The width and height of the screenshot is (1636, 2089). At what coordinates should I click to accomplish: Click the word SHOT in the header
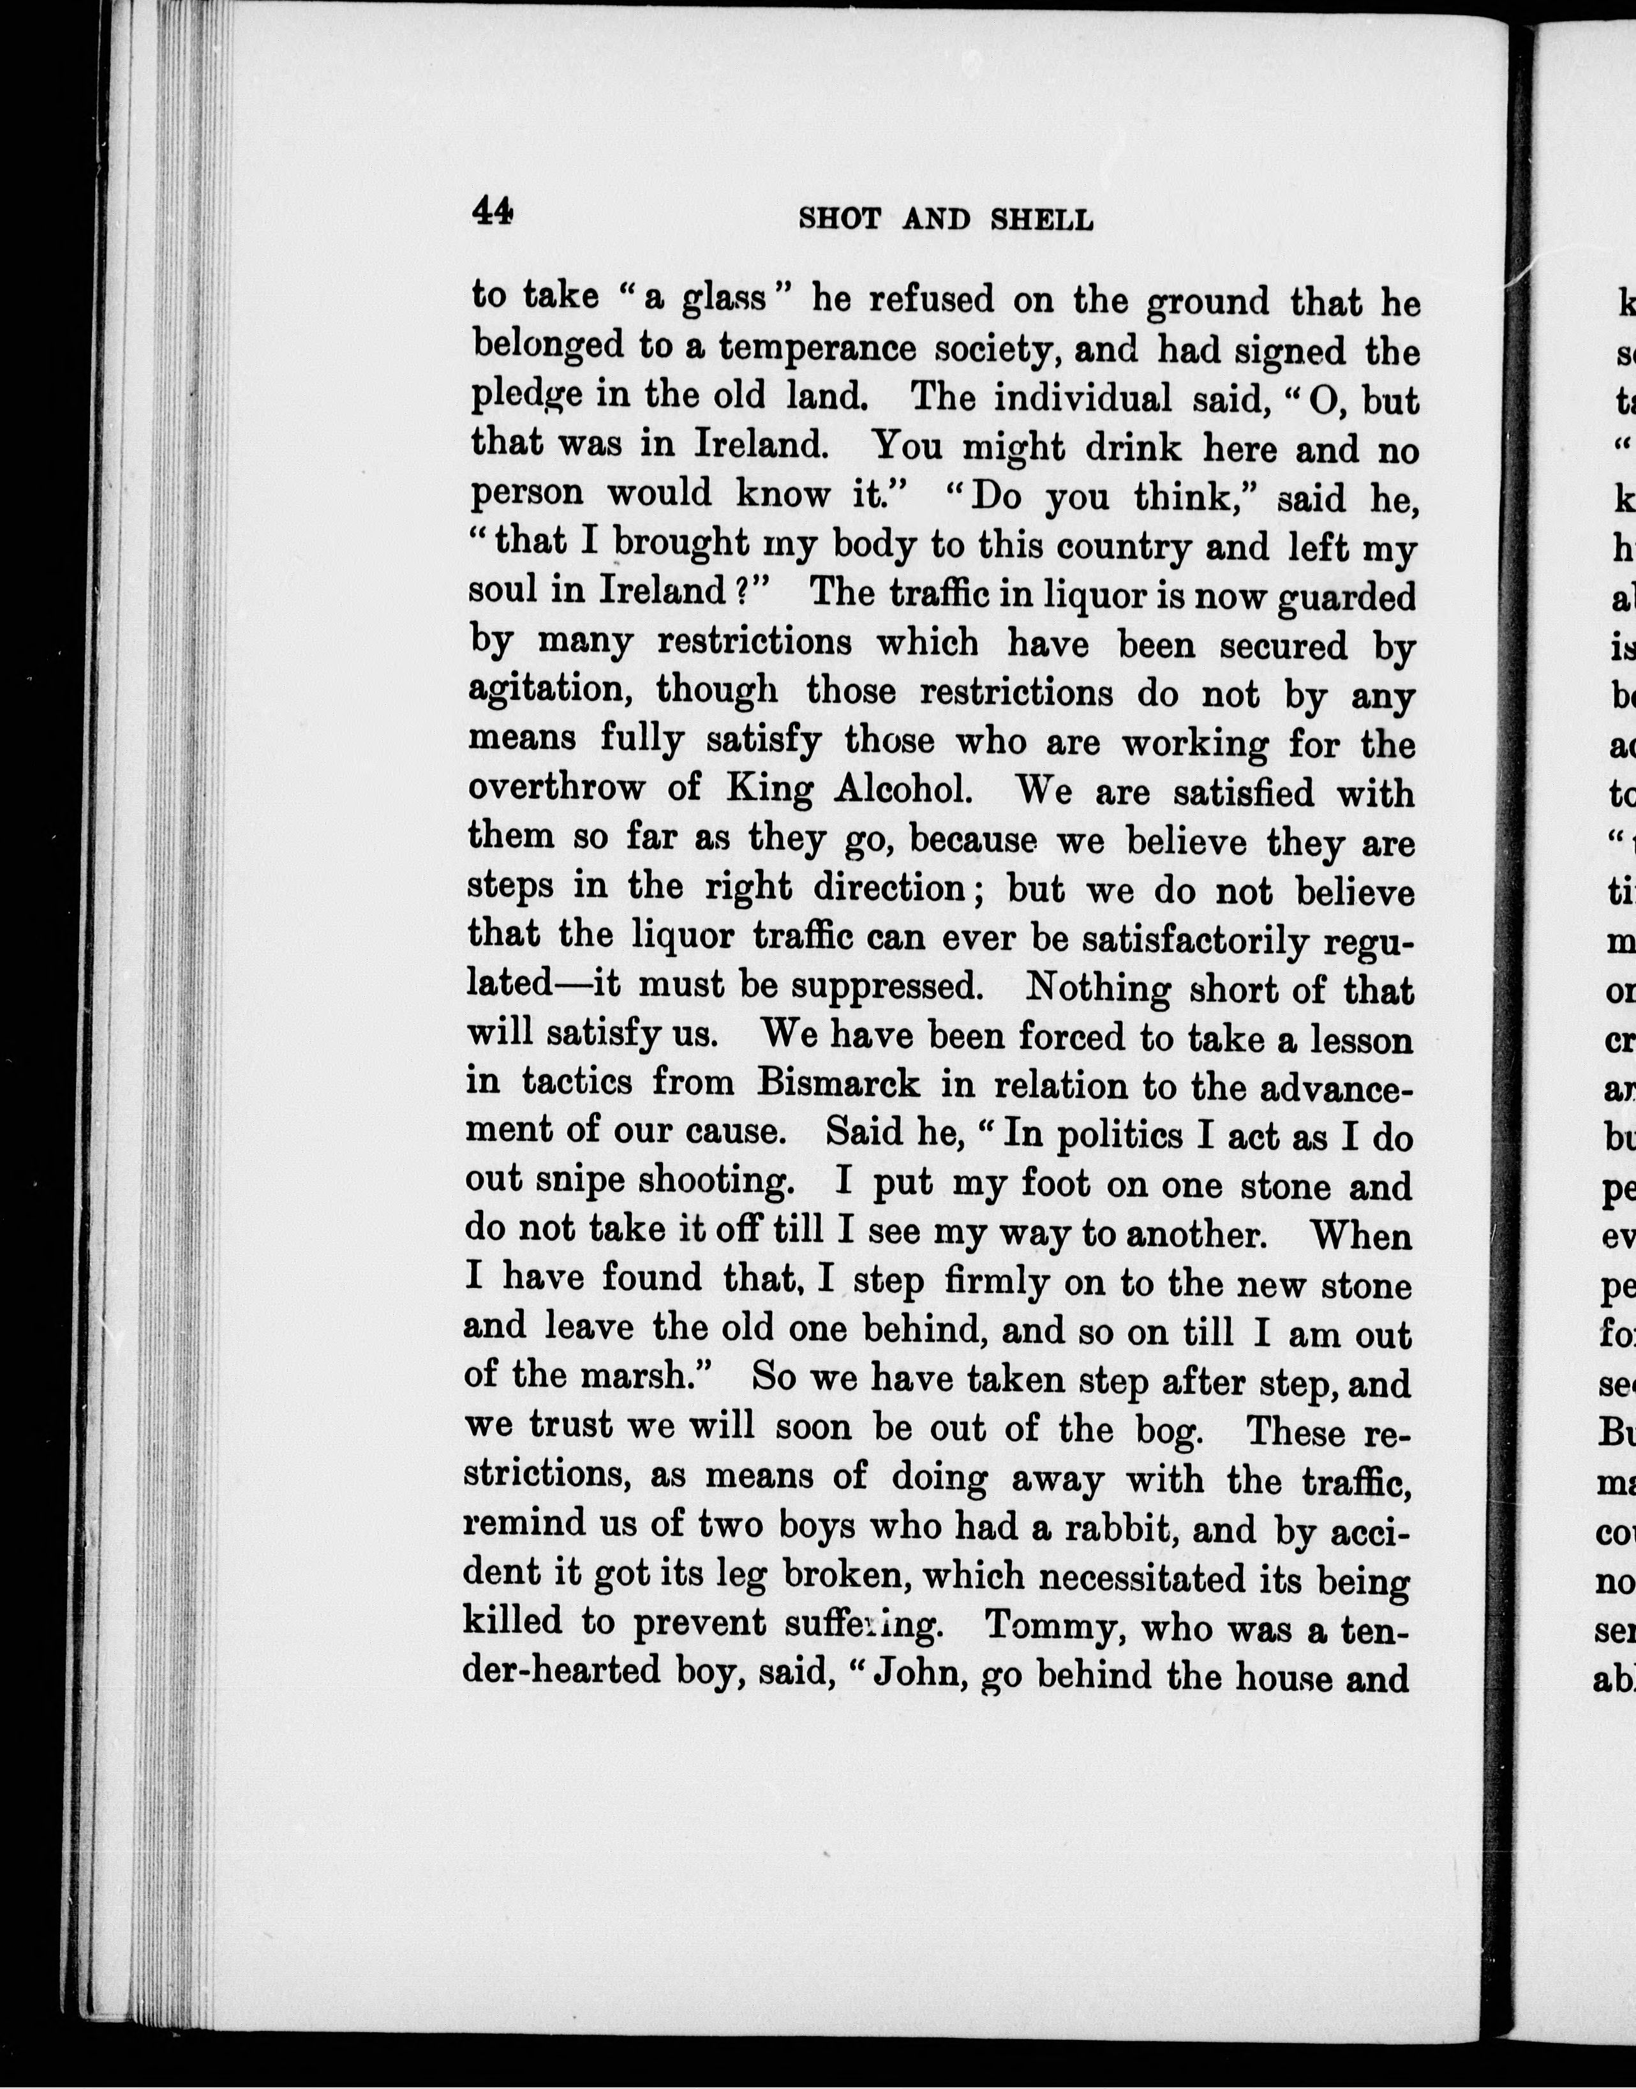[839, 220]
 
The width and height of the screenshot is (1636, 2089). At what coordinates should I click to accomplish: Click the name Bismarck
[838, 1083]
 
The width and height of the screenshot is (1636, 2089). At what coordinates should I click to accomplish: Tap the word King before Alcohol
[769, 788]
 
